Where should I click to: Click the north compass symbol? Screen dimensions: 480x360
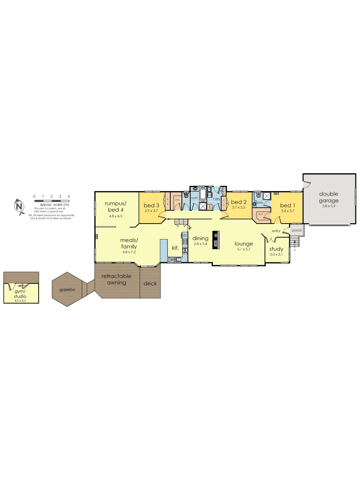(x=19, y=206)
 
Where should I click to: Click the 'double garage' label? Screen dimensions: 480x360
(x=328, y=197)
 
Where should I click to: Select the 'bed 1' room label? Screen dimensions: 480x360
(x=288, y=205)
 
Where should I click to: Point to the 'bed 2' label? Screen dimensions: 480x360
(x=238, y=202)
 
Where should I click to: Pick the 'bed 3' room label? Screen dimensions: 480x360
(x=151, y=205)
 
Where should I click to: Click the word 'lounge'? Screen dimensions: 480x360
(x=244, y=244)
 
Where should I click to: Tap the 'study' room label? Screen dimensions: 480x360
(x=276, y=249)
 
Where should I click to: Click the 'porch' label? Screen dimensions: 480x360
(x=297, y=231)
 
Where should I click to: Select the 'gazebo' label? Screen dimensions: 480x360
(x=68, y=289)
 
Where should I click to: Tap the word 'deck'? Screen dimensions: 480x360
(x=150, y=283)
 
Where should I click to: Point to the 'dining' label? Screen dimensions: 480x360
(x=200, y=238)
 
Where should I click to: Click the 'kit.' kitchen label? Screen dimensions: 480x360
(x=175, y=248)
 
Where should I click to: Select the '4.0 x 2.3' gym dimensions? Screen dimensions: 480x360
(x=20, y=301)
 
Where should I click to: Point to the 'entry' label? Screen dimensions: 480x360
(x=276, y=231)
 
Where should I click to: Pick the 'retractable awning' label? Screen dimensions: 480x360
(x=116, y=279)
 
